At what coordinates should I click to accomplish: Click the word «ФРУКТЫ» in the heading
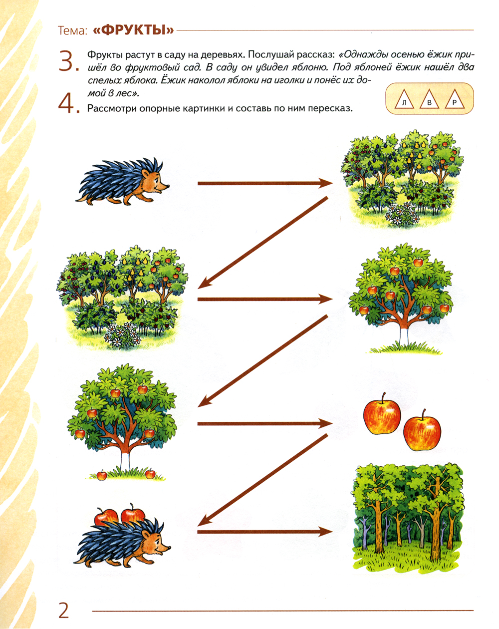coord(133,30)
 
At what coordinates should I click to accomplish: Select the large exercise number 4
coord(68,104)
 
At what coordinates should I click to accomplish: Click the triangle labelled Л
coord(405,100)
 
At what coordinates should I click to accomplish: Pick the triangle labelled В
coord(429,100)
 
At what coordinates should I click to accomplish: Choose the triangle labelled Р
coord(454,100)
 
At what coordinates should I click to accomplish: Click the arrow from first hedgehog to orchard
coord(265,183)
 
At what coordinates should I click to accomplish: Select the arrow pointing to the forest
coord(265,532)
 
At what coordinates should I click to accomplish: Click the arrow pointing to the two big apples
coord(265,423)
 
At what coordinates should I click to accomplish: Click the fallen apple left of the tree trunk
coord(102,475)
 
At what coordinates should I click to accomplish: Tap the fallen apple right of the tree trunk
coord(150,474)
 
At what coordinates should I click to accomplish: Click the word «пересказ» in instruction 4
coord(330,109)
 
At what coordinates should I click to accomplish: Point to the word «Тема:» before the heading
coord(72,30)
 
